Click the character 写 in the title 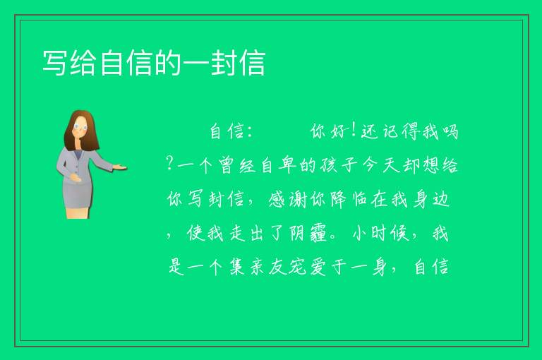point(54,63)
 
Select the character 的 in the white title point(167,63)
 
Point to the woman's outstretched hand point(119,167)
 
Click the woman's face point(81,127)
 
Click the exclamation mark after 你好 point(353,131)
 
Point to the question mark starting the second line point(169,163)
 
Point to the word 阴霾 point(307,234)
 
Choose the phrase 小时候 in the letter point(380,234)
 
